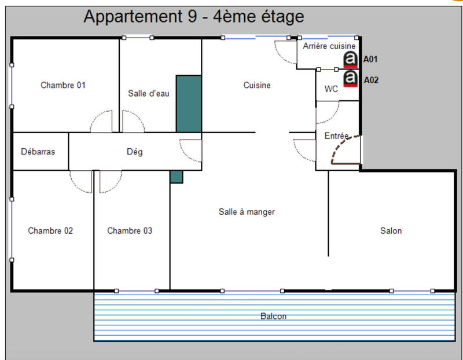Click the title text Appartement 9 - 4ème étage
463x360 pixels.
[x=193, y=16]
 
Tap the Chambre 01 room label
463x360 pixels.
[x=63, y=85]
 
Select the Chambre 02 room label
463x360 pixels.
[x=50, y=230]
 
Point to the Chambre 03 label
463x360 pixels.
[x=130, y=230]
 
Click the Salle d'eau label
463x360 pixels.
[x=148, y=93]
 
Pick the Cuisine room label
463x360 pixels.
[x=256, y=85]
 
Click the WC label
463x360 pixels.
[x=331, y=89]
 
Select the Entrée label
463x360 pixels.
[x=337, y=135]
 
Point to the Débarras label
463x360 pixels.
[x=38, y=152]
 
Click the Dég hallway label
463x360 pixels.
[x=134, y=152]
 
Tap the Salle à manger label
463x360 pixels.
[x=247, y=212]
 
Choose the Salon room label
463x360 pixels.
[x=391, y=230]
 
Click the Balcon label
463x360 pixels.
[x=273, y=316]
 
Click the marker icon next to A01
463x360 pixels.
[x=350, y=59]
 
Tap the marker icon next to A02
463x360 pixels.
[x=350, y=79]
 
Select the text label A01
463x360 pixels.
[x=370, y=59]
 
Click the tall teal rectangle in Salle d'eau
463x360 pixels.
[x=189, y=104]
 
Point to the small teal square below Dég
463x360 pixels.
[x=177, y=177]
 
